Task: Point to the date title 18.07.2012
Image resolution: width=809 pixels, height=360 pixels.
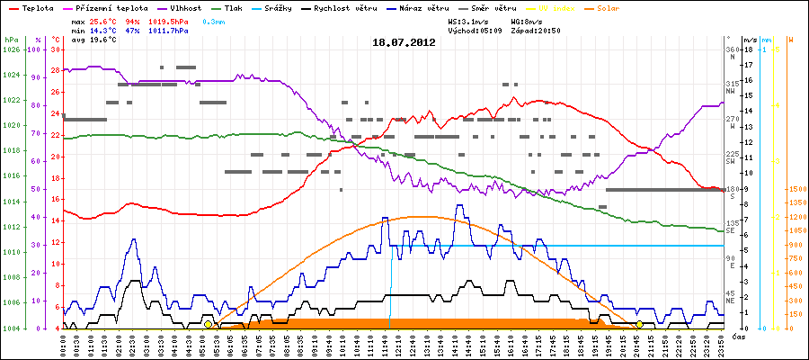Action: pos(404,41)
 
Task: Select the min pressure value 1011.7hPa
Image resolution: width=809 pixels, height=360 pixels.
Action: pos(171,31)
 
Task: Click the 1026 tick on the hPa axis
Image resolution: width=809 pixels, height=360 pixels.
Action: pos(11,49)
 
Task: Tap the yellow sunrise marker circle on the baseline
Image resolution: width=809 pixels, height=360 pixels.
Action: pos(209,324)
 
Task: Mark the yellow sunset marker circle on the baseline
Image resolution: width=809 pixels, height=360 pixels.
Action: pos(639,324)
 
